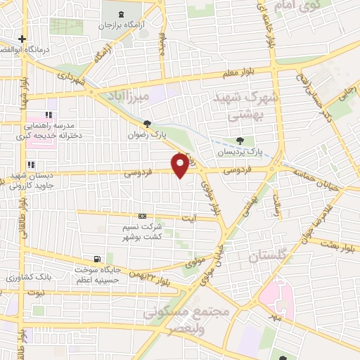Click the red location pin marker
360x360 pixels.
coord(181,165)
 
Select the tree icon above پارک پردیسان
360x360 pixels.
coord(240,141)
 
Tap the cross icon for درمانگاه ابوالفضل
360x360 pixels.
coord(22,39)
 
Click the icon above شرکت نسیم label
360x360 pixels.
coord(143,216)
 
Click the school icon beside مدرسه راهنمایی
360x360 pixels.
coord(49,115)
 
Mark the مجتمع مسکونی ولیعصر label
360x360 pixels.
coord(187,318)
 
